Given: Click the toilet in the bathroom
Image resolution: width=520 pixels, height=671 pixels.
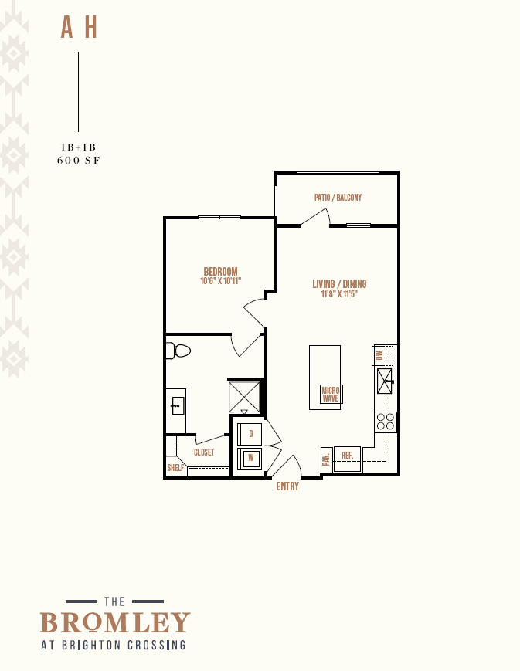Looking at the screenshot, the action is pyautogui.click(x=178, y=351).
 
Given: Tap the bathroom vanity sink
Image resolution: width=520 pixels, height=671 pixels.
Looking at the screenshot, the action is pyautogui.click(x=178, y=405).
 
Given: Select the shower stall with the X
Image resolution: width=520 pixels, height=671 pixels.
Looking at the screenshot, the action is pyautogui.click(x=244, y=397).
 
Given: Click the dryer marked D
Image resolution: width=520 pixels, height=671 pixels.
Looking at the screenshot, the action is pyautogui.click(x=250, y=434).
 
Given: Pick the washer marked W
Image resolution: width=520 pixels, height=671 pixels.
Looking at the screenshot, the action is pyautogui.click(x=250, y=459).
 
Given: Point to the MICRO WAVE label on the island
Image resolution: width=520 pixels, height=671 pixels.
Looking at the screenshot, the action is pyautogui.click(x=331, y=394).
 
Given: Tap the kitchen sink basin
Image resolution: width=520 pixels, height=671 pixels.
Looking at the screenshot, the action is pyautogui.click(x=385, y=381).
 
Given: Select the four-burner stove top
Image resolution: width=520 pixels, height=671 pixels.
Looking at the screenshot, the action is pyautogui.click(x=385, y=422).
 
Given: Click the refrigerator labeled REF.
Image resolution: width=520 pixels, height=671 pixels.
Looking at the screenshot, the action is pyautogui.click(x=348, y=459).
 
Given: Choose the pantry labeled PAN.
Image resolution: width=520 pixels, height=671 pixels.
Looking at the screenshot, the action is pyautogui.click(x=326, y=460).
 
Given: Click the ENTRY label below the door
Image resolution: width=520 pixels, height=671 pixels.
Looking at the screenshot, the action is pyautogui.click(x=287, y=486).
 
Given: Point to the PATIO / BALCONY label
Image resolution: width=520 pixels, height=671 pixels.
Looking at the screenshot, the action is pyautogui.click(x=338, y=197).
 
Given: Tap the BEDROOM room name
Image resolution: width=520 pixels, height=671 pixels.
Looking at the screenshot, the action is pyautogui.click(x=220, y=272).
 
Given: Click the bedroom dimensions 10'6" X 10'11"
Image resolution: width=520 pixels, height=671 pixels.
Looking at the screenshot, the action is pyautogui.click(x=220, y=281).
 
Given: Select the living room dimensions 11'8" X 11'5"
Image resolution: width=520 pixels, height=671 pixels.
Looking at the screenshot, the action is pyautogui.click(x=339, y=294).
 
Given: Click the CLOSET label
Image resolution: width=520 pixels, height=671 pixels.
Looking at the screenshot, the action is pyautogui.click(x=204, y=452).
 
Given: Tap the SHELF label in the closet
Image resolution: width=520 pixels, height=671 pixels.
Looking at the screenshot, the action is pyautogui.click(x=175, y=468).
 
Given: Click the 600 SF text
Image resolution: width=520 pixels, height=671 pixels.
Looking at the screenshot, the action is pyautogui.click(x=78, y=161).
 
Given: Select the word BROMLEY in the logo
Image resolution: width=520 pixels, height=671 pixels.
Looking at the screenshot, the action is pyautogui.click(x=115, y=622).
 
